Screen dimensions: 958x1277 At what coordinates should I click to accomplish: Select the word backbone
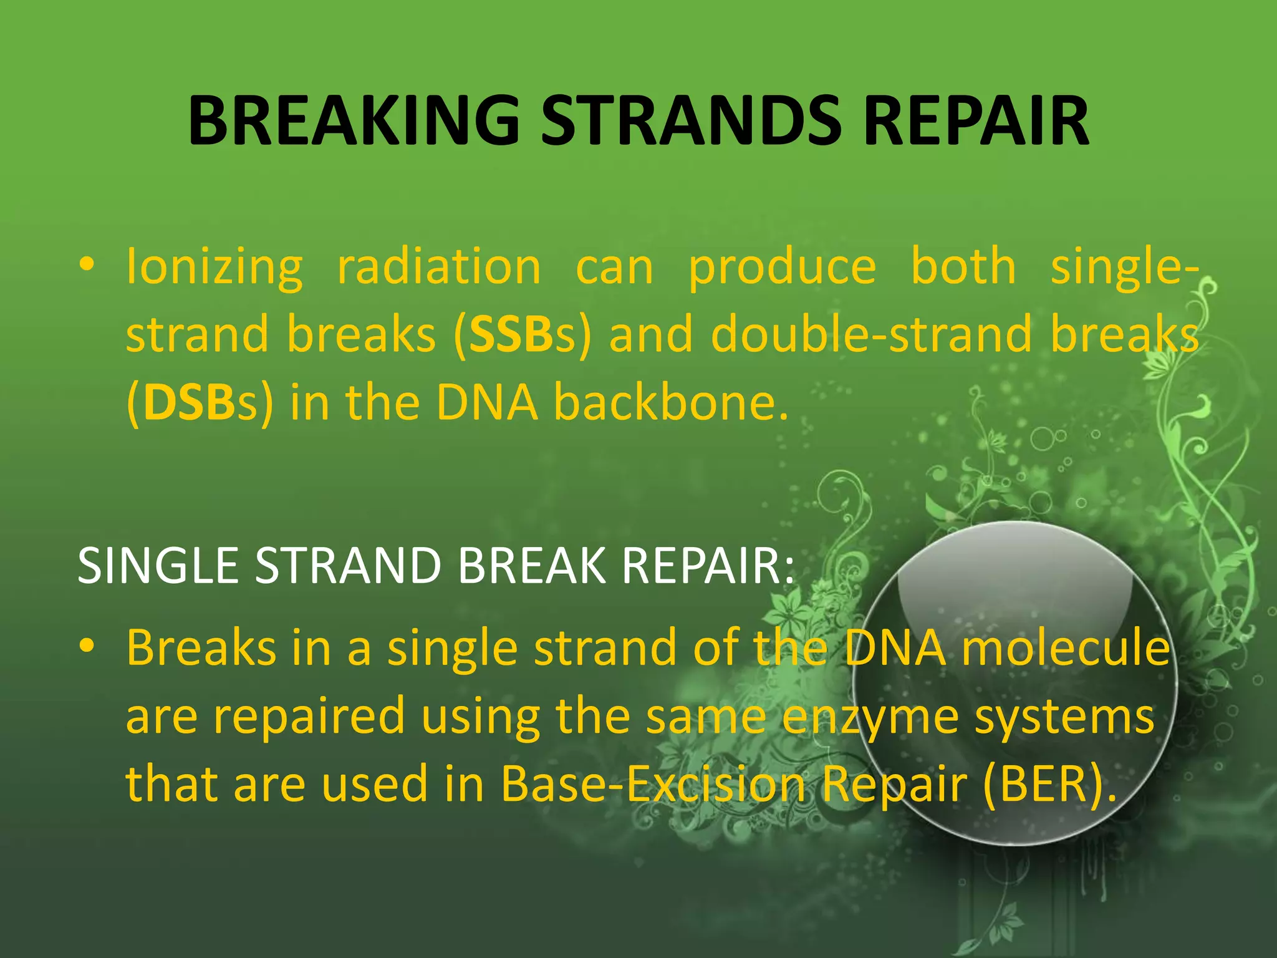point(671,403)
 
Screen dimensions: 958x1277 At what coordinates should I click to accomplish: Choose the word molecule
point(1066,648)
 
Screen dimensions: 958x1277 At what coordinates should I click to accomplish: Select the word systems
point(1064,717)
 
